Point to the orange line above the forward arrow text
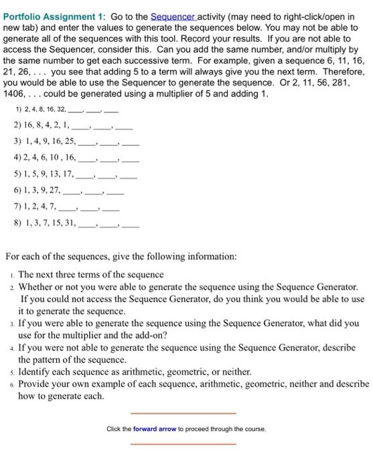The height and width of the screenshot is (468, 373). pos(183,413)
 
